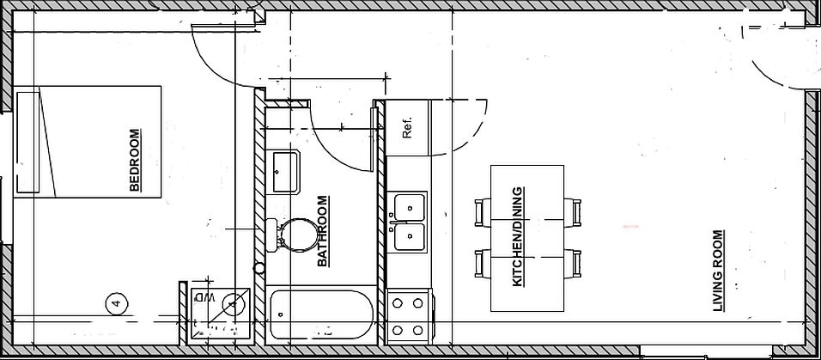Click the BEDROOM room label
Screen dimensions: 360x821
(134, 161)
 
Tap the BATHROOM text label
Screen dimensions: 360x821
(323, 232)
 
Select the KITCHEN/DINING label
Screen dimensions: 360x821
(517, 236)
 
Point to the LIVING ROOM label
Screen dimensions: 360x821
(717, 271)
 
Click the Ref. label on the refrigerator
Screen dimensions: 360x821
(408, 128)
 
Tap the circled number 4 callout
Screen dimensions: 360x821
(116, 302)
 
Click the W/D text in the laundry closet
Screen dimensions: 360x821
(206, 297)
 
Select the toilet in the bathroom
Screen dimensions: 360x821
(292, 234)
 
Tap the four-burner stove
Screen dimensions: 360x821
(409, 314)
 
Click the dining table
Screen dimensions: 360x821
(526, 237)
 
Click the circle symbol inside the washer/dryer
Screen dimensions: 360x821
(232, 303)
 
